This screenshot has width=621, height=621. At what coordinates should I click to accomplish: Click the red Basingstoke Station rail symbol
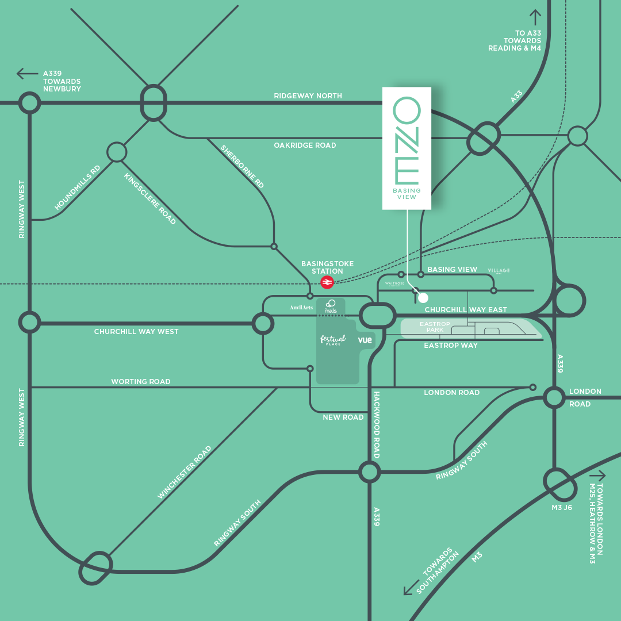[x=327, y=282]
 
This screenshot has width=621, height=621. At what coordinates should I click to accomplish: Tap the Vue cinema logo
[x=365, y=340]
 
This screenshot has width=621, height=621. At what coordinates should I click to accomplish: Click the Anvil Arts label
[x=301, y=308]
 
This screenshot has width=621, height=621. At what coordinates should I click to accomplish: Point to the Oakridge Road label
[x=305, y=145]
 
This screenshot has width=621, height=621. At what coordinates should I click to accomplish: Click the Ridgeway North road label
[x=308, y=96]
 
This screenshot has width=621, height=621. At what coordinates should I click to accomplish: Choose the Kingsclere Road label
[x=150, y=199]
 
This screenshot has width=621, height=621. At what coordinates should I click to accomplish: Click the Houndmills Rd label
[x=78, y=187]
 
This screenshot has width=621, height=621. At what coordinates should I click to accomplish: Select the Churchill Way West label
[x=136, y=332]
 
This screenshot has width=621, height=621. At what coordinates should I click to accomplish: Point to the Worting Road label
[x=141, y=382]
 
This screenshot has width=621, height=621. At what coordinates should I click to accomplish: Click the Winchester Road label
[x=185, y=472]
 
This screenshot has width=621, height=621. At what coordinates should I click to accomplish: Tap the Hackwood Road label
[x=377, y=425]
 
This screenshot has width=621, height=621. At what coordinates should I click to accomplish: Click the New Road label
[x=343, y=417]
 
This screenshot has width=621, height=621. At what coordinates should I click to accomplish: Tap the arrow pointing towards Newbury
[x=27, y=74]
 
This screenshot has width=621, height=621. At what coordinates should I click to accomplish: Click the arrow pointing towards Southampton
[x=411, y=588]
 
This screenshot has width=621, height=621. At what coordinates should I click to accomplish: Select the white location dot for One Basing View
[x=423, y=298]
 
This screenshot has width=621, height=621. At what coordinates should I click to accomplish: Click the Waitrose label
[x=395, y=284]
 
